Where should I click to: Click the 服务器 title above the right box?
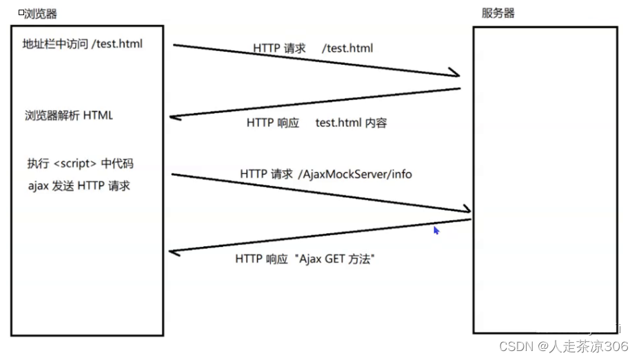[x=498, y=13]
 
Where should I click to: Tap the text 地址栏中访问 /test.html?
[x=83, y=45]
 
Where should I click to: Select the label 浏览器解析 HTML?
[x=69, y=115]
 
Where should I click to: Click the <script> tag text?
[x=74, y=163]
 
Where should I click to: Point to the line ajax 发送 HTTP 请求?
[x=79, y=186]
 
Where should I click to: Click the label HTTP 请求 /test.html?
[x=313, y=48]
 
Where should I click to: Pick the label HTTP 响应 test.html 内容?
[x=316, y=123]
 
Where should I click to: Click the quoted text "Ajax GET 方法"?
[x=334, y=259]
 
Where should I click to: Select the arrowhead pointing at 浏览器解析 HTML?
[x=174, y=117]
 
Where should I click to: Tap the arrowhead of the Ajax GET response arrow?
[x=174, y=252]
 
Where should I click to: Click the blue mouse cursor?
[x=436, y=231]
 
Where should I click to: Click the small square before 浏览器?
[x=21, y=12]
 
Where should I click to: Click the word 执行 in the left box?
[x=38, y=163]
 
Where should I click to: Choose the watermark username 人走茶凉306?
[x=588, y=346]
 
